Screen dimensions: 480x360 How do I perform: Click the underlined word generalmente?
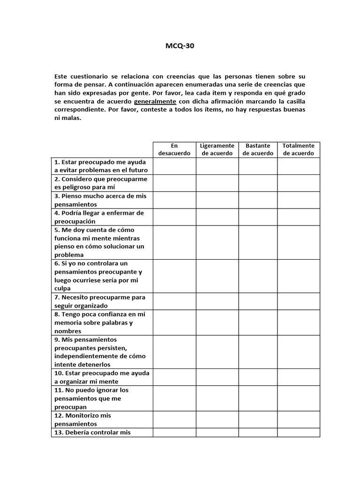tap(155, 101)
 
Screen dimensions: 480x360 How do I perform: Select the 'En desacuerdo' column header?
tap(174, 150)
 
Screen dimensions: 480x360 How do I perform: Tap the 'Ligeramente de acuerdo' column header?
tap(217, 150)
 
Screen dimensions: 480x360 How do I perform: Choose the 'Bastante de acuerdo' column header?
tap(258, 150)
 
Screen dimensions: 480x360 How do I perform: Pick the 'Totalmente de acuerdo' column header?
tap(299, 150)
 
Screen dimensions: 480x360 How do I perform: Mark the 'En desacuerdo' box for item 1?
tap(174, 166)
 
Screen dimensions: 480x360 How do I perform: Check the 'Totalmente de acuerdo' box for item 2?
tap(299, 183)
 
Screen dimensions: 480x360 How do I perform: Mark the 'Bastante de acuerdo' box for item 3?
tap(258, 200)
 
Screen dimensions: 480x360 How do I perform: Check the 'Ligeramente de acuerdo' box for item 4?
tap(217, 217)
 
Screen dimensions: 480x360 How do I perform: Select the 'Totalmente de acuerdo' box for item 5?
tap(299, 242)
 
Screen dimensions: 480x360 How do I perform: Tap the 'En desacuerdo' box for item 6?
tap(174, 276)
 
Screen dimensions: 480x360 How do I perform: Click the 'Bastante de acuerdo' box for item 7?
tap(258, 301)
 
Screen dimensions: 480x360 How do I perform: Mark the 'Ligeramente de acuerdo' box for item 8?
tap(217, 322)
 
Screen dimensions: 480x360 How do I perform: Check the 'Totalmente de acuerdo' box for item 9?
tap(299, 352)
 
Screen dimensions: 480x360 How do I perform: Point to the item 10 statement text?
tap(102, 377)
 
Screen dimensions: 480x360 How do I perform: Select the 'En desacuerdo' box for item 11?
tap(174, 398)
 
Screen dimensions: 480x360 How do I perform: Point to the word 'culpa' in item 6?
tap(62, 289)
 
